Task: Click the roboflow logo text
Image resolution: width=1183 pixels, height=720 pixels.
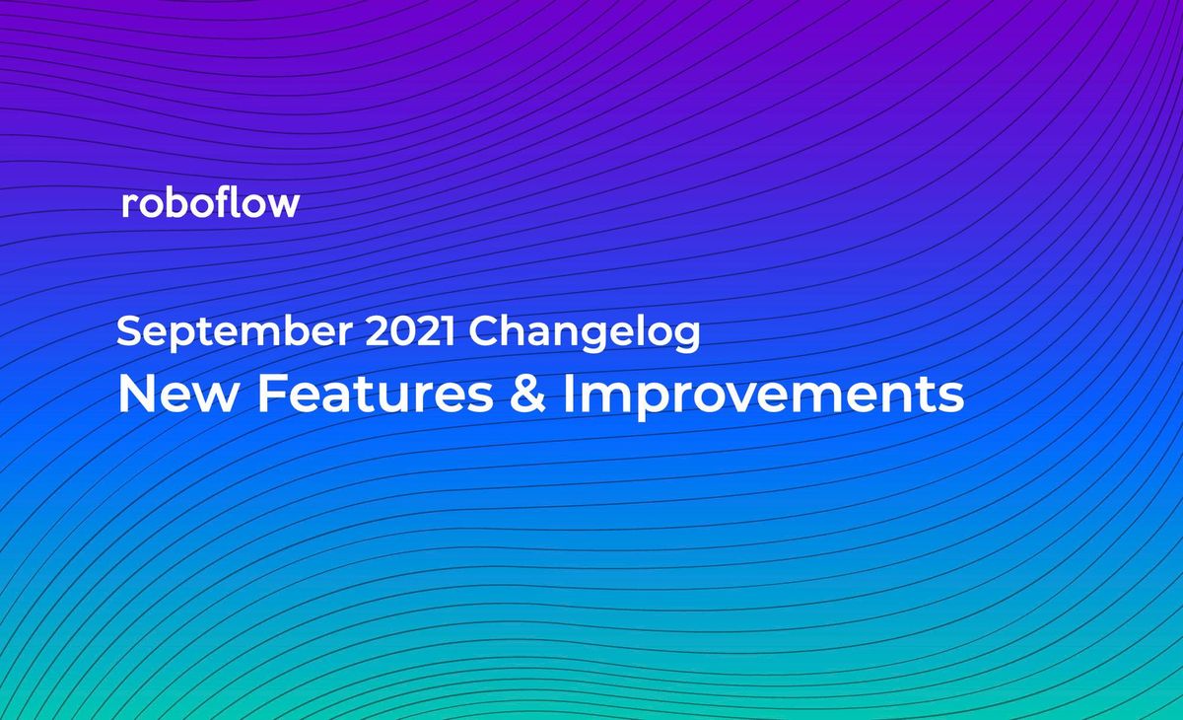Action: [210, 203]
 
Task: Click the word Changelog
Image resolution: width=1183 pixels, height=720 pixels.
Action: [585, 332]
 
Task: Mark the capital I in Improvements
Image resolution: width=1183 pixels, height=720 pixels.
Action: [570, 395]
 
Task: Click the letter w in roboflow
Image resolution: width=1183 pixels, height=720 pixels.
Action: [284, 205]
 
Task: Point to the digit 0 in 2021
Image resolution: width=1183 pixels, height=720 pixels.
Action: [398, 331]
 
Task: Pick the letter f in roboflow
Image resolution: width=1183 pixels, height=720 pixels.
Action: [231, 202]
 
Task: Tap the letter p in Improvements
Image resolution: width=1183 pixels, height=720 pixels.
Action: [644, 399]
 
